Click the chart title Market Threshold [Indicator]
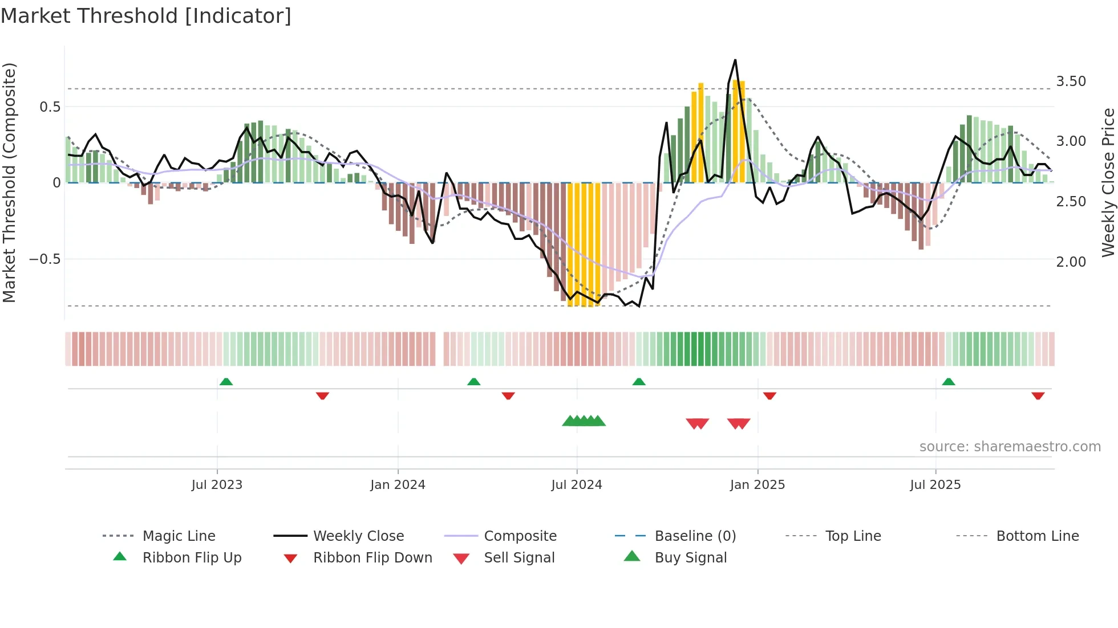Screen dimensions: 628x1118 point(146,16)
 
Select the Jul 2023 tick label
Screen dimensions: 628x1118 point(217,485)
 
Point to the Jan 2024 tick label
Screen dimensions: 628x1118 point(398,485)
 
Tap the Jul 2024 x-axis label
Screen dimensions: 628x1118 point(577,485)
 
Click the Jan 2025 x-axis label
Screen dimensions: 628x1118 point(758,485)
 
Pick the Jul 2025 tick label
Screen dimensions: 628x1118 point(935,485)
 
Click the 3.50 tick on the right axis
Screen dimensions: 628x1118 point(1071,81)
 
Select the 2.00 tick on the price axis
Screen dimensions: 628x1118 point(1071,262)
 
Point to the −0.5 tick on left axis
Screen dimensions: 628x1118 point(44,259)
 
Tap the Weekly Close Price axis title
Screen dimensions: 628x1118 point(1108,182)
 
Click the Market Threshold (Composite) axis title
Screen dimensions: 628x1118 point(9,182)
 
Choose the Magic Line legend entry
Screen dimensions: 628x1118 point(179,536)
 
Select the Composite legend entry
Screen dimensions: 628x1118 point(520,536)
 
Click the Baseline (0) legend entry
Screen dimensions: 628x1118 point(695,536)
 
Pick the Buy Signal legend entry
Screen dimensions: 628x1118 point(690,558)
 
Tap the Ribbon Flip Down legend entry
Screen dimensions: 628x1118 point(372,558)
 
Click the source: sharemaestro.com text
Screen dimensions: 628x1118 point(1010,447)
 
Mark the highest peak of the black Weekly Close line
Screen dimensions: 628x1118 point(735,60)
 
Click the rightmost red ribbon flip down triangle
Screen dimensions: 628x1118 point(1038,395)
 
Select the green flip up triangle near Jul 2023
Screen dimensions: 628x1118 point(226,381)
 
